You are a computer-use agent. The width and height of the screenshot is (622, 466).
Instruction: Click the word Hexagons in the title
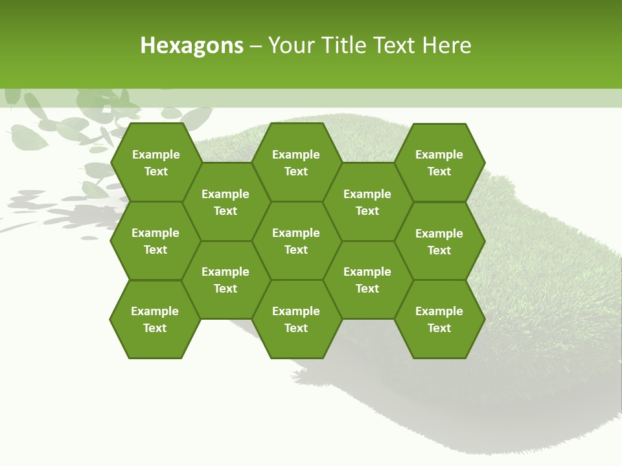pos(192,45)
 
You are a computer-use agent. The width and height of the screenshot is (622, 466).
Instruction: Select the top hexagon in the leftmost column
pos(155,162)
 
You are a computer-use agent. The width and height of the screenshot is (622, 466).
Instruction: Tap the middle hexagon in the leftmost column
pos(155,241)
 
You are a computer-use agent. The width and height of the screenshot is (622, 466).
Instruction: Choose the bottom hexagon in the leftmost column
pos(155,319)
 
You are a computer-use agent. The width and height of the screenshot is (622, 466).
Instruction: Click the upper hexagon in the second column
pos(225,202)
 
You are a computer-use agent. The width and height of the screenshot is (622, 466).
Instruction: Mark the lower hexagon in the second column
pos(225,280)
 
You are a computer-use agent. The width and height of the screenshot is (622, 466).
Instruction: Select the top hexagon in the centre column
pos(296,162)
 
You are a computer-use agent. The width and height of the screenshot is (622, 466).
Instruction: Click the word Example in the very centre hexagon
pos(296,233)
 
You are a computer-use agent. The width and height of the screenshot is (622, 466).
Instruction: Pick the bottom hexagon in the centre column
pos(296,319)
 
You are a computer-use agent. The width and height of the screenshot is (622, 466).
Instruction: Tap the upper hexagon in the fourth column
pos(367,202)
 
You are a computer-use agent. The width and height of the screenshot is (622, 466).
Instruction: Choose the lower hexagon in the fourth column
pos(367,280)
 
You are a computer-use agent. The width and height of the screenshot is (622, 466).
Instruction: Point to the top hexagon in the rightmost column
pos(439,162)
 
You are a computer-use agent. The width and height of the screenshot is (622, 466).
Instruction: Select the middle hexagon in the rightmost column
pos(439,241)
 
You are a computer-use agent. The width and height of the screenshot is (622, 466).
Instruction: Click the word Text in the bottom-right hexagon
pos(439,328)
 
